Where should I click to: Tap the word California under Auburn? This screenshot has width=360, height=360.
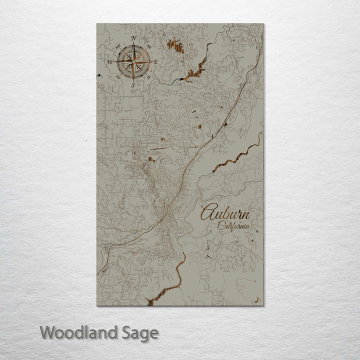pyautogui.click(x=234, y=225)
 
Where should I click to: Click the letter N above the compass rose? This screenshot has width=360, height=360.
pyautogui.click(x=133, y=38)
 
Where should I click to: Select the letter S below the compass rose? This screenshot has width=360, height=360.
pyautogui.click(x=132, y=85)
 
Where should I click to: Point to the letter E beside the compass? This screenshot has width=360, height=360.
pyautogui.click(x=156, y=62)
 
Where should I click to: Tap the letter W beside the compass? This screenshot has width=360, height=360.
pyautogui.click(x=109, y=61)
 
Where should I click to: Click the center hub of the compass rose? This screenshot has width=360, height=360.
pyautogui.click(x=133, y=62)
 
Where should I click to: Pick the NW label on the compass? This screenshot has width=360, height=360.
pyautogui.click(x=117, y=47)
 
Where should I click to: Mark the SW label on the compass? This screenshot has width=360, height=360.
pyautogui.click(x=118, y=77)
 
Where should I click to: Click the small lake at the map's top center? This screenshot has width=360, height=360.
pyautogui.click(x=175, y=46)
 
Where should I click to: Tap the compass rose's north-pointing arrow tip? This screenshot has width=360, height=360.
pyautogui.click(x=133, y=45)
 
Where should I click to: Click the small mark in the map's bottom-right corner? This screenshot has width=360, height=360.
pyautogui.click(x=257, y=300)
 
